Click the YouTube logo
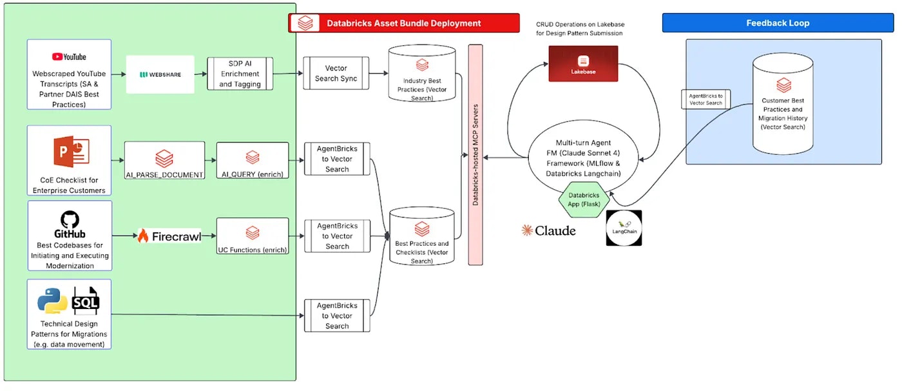[69, 57]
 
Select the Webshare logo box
[160, 75]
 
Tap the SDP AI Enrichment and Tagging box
[240, 74]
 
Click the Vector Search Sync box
[336, 73]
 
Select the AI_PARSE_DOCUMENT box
[164, 161]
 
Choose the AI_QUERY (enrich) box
[253, 161]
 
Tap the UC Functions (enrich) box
[253, 237]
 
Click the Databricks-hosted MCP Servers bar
[475, 155]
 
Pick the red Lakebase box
[583, 63]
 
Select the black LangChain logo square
[624, 228]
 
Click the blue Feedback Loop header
[778, 23]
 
